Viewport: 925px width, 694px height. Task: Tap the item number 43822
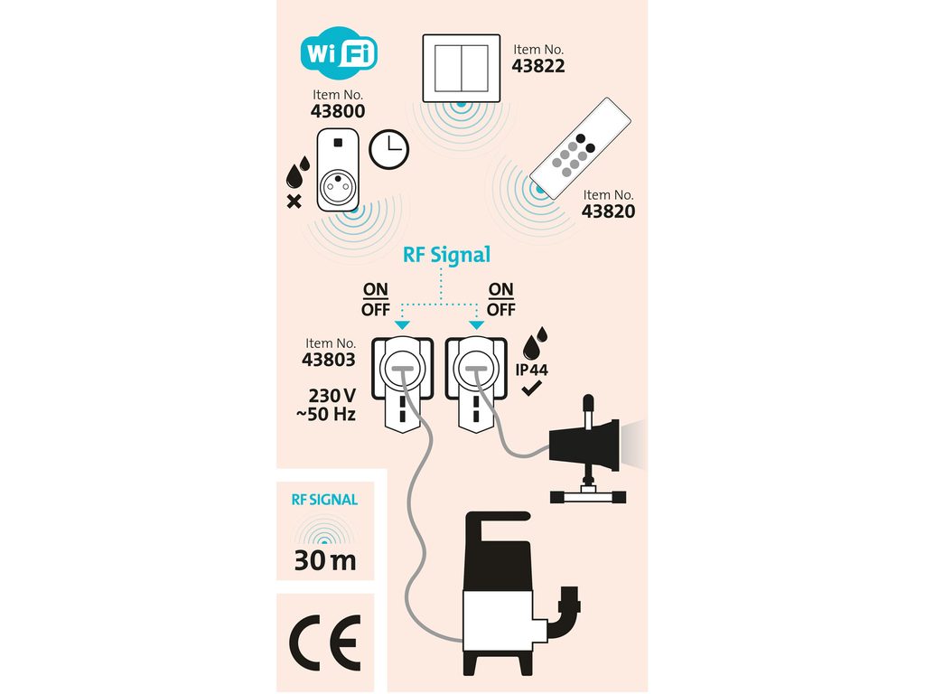[x=538, y=66]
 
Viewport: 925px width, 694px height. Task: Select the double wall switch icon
[x=462, y=68]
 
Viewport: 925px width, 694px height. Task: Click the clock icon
[x=389, y=149]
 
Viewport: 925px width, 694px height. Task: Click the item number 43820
[x=608, y=211]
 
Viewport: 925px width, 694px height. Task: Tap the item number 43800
[x=338, y=112]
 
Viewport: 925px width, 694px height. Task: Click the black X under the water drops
[x=294, y=201]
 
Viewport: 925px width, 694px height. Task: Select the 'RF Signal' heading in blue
[x=447, y=255]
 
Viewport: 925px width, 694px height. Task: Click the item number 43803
[x=328, y=359]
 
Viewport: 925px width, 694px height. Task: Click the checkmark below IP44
[x=532, y=389]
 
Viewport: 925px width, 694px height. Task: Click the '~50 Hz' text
[x=326, y=414]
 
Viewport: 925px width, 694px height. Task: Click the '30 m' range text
[x=325, y=560]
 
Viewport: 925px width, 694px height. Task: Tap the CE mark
[x=324, y=642]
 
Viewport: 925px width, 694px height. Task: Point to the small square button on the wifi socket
[x=338, y=142]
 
